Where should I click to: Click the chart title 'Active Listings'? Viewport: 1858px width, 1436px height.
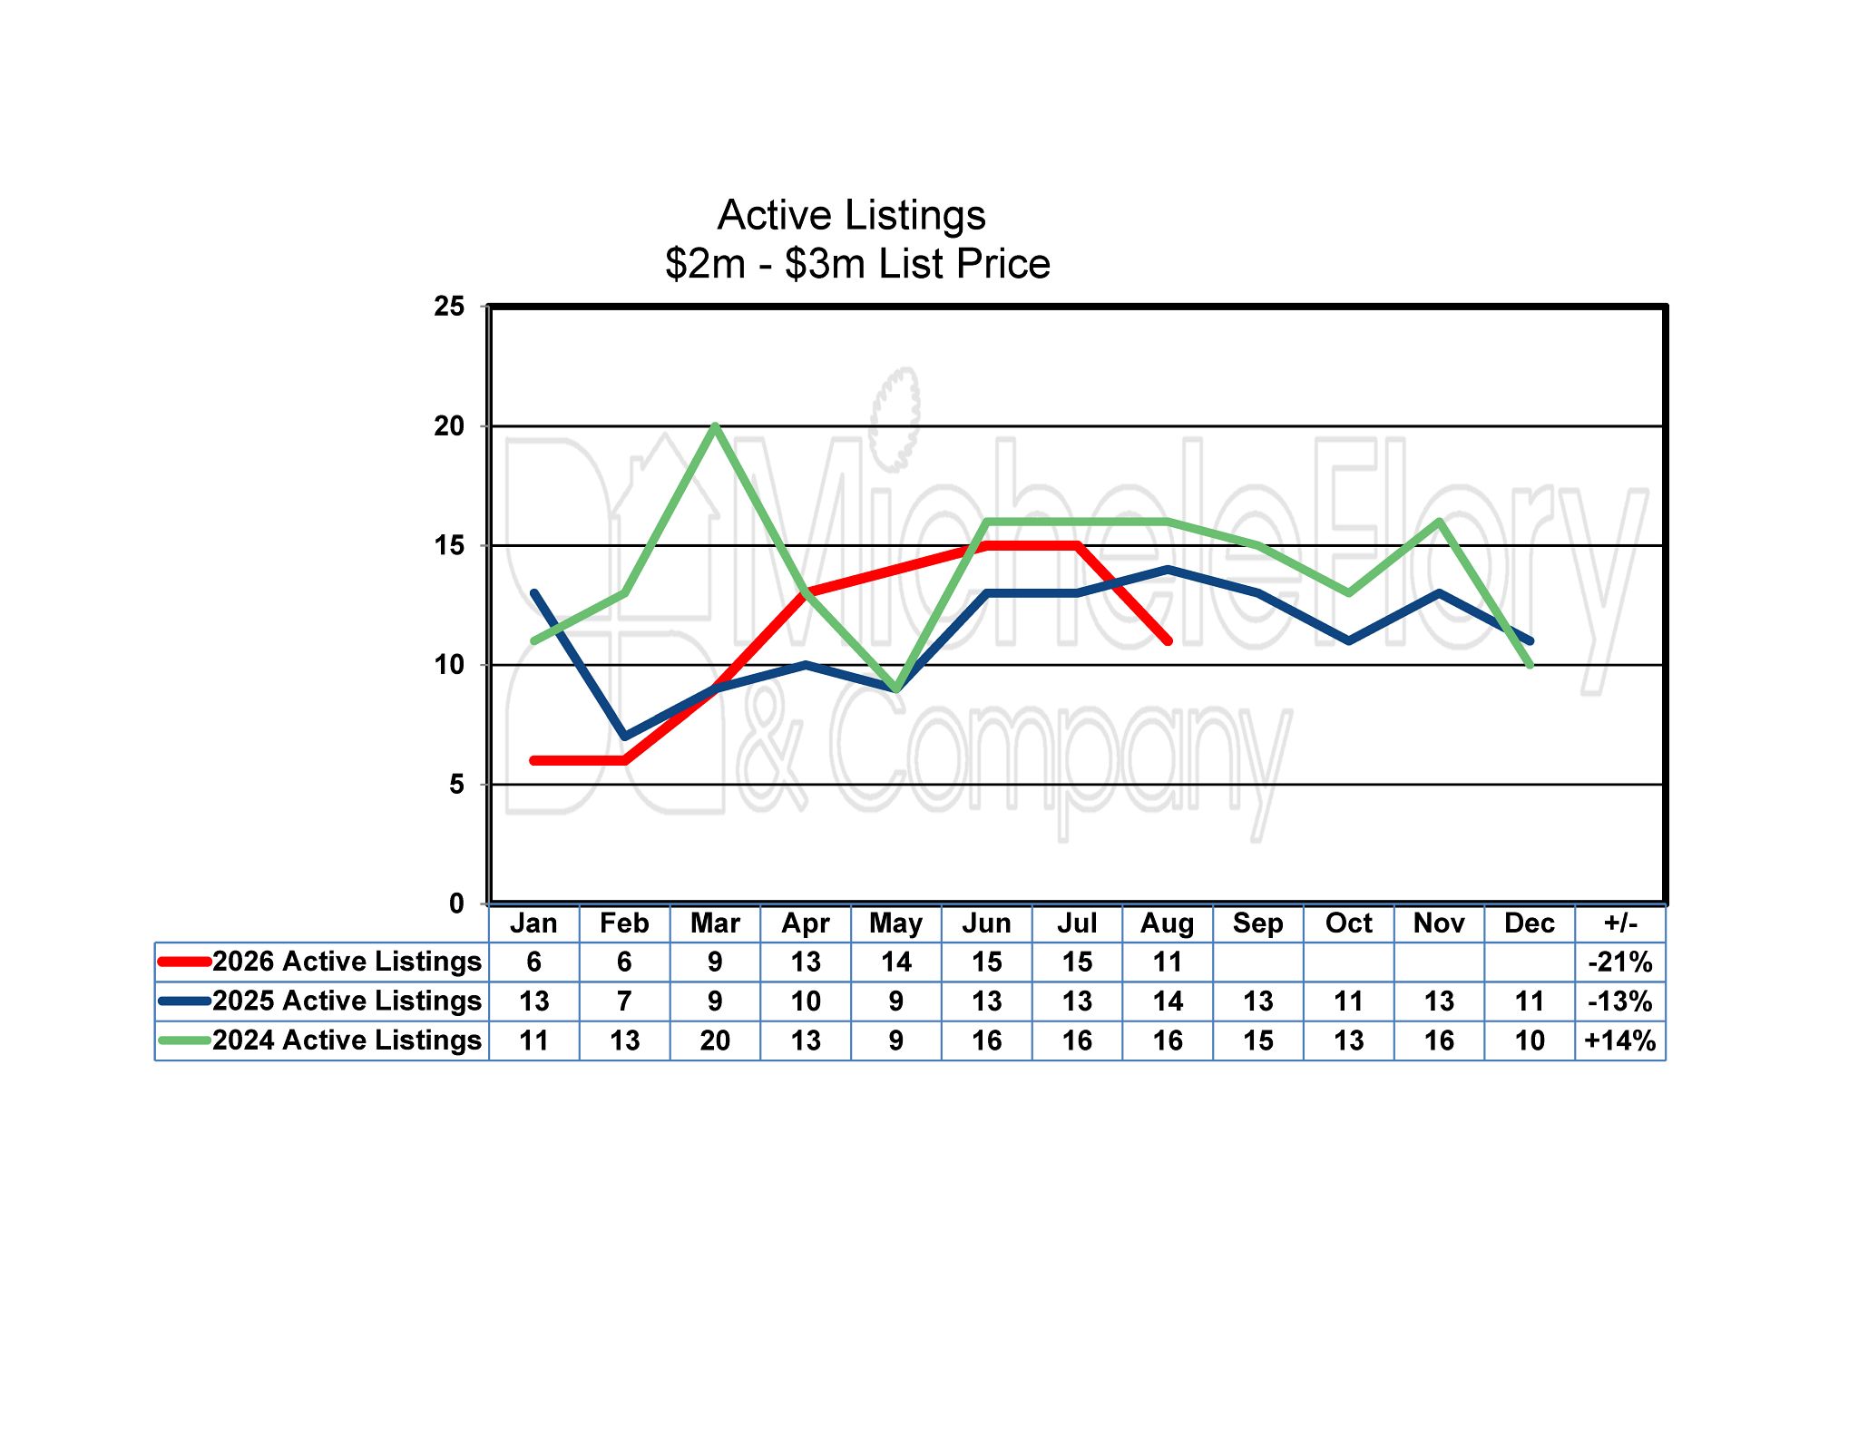851,216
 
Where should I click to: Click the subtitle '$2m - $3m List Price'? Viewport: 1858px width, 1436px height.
857,264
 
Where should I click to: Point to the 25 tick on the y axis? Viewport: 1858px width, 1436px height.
449,307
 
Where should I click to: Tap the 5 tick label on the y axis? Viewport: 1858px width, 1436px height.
456,785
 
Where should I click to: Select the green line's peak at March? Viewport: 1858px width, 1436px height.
715,426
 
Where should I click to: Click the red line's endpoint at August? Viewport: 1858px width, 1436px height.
1168,640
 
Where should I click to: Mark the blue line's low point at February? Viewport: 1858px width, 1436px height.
624,736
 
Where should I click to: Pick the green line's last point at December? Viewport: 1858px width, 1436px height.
1530,665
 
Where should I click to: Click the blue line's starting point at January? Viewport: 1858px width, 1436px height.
534,593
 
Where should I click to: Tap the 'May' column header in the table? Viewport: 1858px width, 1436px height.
895,923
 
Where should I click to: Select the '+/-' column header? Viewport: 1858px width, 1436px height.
1620,923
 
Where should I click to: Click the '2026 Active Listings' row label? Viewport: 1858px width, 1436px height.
347,962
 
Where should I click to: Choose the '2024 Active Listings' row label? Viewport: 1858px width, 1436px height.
347,1040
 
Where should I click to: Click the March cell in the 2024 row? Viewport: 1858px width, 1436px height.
715,1040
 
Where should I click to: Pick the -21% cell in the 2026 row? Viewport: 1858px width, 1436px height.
1620,962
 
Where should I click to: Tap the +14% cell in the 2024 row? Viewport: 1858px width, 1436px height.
1620,1040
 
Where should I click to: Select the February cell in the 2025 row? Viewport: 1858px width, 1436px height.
624,1001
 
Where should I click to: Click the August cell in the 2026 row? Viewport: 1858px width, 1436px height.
1168,962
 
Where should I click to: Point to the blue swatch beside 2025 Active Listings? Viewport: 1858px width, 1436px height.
185,1001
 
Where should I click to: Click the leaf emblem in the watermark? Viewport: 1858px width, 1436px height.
895,419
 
